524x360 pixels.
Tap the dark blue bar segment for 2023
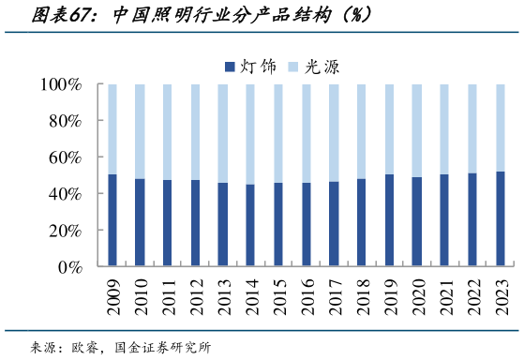(499, 219)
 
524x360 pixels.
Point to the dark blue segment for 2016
(306, 225)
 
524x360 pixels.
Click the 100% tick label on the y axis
(62, 84)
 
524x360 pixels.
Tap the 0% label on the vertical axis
(71, 267)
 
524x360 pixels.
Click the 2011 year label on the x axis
(168, 299)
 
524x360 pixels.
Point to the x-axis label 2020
(416, 299)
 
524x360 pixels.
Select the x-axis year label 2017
(334, 299)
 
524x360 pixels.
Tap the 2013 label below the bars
(223, 299)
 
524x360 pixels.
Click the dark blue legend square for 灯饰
(230, 66)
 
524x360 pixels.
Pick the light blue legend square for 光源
(291, 66)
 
